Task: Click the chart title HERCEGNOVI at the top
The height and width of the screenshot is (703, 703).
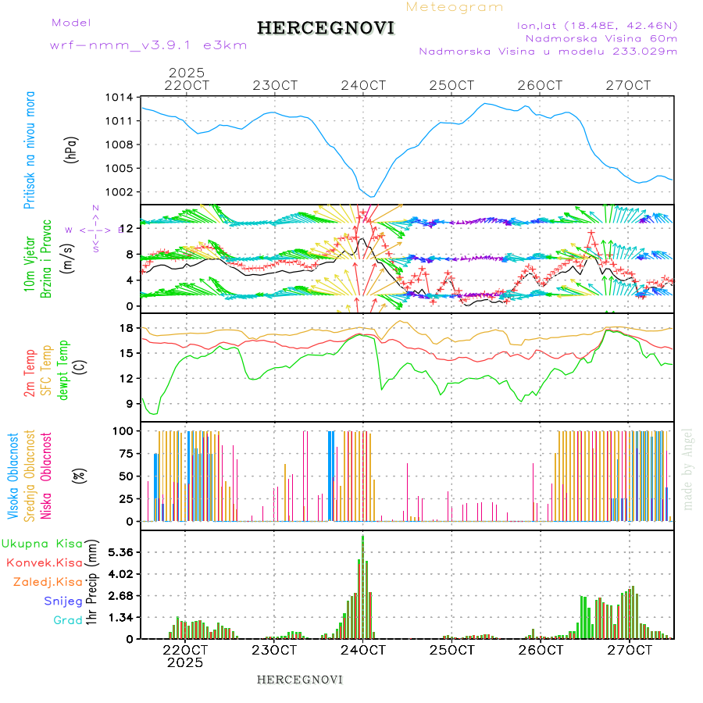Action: tap(326, 28)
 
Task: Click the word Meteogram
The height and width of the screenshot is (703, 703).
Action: tap(455, 7)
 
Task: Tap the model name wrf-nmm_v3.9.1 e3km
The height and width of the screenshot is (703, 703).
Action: tap(148, 45)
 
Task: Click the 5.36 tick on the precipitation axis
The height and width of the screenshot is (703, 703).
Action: tap(120, 552)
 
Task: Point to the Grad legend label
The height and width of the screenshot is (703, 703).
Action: tap(68, 620)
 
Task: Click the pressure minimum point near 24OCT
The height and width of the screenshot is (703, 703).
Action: tap(373, 196)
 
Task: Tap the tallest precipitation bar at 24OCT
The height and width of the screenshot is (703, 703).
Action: tap(363, 586)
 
